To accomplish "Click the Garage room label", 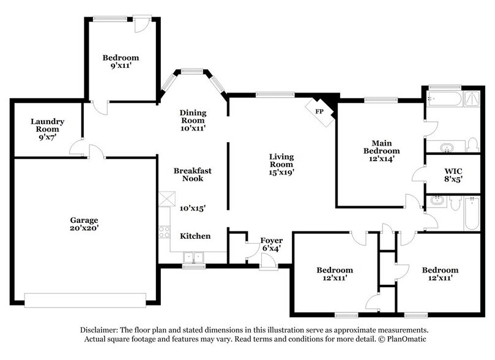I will [x=84, y=220].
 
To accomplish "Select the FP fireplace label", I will [x=319, y=111].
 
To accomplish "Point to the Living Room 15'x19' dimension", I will [x=281, y=173].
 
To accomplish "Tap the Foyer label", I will [x=271, y=241].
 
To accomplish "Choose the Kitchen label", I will [x=195, y=236].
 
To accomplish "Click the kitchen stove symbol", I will [x=165, y=231].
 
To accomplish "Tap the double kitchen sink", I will [x=195, y=257].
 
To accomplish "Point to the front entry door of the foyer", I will [x=267, y=262].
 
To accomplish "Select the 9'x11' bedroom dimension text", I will [x=121, y=66].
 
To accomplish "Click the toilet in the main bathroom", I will [x=472, y=145].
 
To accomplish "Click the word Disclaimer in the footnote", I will [x=99, y=330].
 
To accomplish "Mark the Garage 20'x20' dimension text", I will [x=84, y=228].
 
